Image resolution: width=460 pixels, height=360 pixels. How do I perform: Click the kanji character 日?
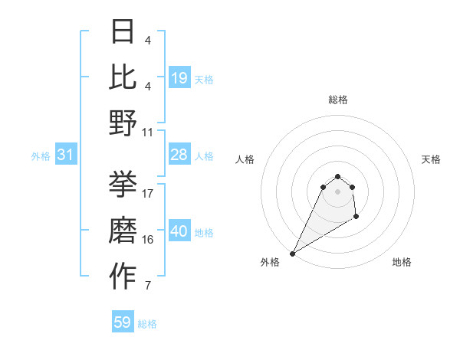(x=123, y=31)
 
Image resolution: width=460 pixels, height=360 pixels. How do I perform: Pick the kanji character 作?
(x=123, y=277)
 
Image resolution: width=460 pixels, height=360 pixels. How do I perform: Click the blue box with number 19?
(x=179, y=77)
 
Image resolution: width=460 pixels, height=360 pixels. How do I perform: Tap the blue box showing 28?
(x=179, y=155)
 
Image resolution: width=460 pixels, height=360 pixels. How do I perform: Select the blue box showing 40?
(x=179, y=232)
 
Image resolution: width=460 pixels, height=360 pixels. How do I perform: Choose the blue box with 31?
(x=65, y=155)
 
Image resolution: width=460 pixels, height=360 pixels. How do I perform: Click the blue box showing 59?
(x=123, y=322)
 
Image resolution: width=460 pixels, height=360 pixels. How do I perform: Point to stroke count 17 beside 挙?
(x=148, y=193)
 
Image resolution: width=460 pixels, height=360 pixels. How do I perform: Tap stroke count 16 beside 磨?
(x=148, y=239)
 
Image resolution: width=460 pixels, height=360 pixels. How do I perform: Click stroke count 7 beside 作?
(x=147, y=286)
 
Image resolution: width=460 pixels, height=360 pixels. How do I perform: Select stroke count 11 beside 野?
(x=148, y=132)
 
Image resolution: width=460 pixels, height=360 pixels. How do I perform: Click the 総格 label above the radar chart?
(x=337, y=100)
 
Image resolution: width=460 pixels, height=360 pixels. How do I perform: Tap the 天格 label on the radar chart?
(x=431, y=159)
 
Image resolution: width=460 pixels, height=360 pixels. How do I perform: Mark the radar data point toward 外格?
(x=292, y=254)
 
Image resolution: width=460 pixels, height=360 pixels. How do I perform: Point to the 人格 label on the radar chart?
(x=245, y=159)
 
